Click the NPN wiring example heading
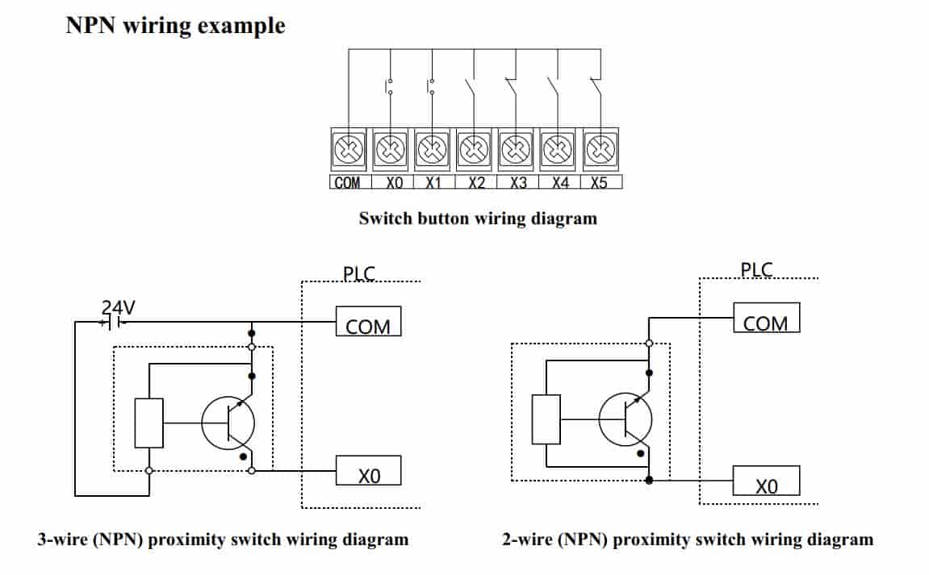coord(175,25)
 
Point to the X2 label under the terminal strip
coord(476,183)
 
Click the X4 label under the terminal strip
coord(560,183)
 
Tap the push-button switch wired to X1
coord(433,86)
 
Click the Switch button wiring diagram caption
coord(478,218)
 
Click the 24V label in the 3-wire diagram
coord(118,307)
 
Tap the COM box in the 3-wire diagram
coord(368,323)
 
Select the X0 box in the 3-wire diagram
coord(368,472)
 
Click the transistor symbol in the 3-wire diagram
coord(228,423)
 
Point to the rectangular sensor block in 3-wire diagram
coord(149,423)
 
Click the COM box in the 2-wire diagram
coord(766,318)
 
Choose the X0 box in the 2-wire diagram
coord(766,481)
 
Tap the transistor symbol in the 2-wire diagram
coord(626,419)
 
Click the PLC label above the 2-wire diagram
coord(756,270)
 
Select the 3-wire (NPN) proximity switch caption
coord(223,540)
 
